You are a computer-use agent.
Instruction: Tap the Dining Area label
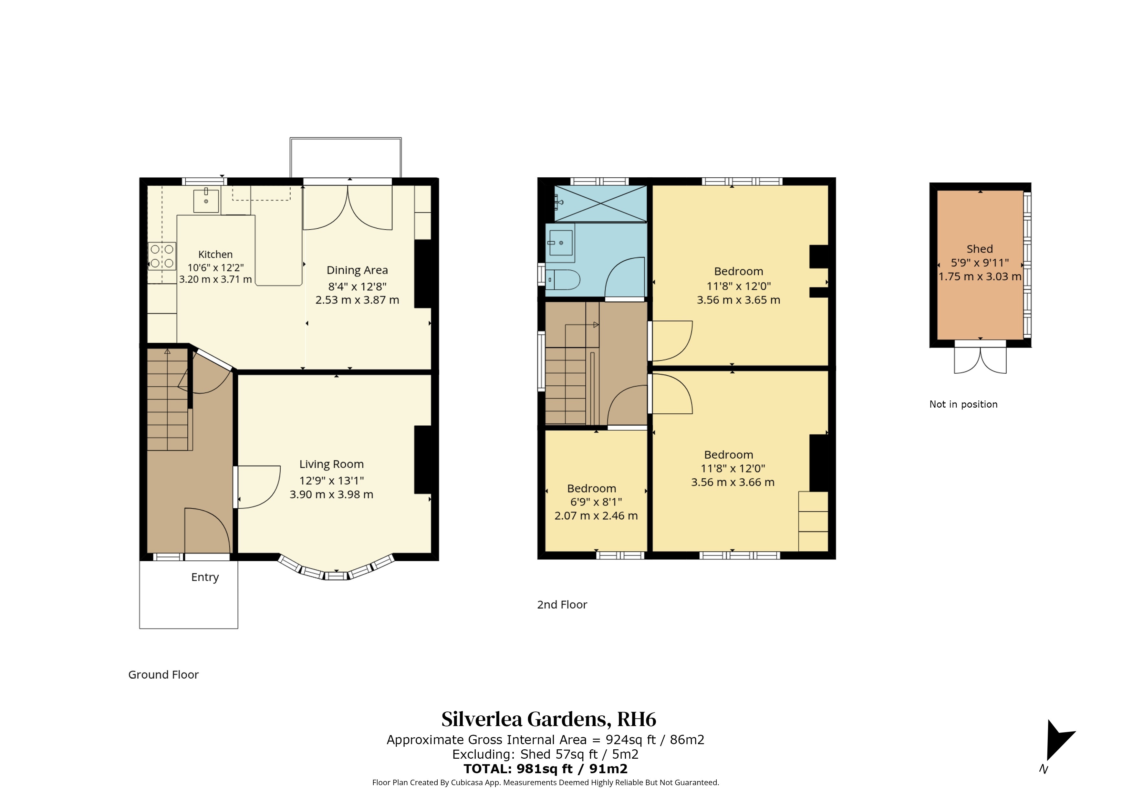coord(357,270)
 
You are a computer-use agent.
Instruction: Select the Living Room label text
coord(332,464)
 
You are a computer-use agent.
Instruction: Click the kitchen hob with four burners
coord(162,256)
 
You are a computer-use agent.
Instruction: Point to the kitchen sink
coord(206,200)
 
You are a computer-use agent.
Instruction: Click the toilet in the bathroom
coord(563,280)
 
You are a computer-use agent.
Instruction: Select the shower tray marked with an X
coord(600,203)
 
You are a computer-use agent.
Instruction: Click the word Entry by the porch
coord(205,577)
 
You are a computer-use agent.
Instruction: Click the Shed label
coord(980,249)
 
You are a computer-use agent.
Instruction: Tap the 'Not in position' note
coord(963,404)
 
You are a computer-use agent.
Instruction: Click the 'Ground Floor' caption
coord(163,675)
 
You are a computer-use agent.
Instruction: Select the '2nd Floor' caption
coord(562,605)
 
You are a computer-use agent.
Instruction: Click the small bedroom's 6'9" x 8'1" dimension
coord(596,502)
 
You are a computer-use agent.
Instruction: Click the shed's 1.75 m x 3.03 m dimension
coord(980,277)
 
